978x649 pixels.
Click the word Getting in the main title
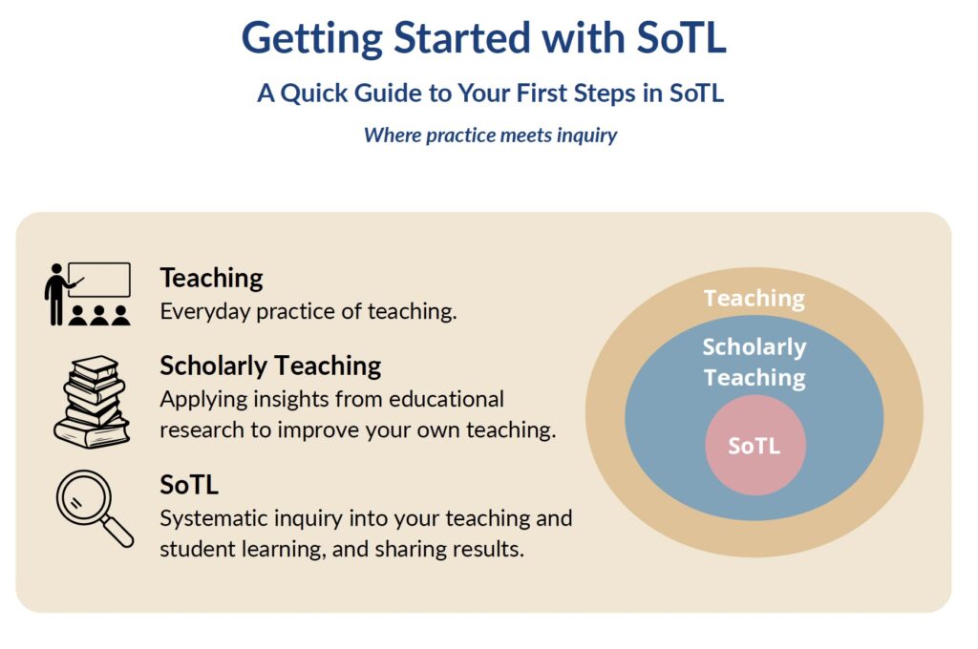pyautogui.click(x=312, y=38)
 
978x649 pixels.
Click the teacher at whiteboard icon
pyautogui.click(x=87, y=294)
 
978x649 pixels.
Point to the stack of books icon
pyautogui.click(x=92, y=402)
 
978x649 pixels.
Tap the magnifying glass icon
pyautogui.click(x=95, y=508)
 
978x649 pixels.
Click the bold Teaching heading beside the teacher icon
pyautogui.click(x=211, y=278)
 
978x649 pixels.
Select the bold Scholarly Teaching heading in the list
pyautogui.click(x=270, y=366)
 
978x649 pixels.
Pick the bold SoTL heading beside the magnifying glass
pyautogui.click(x=189, y=485)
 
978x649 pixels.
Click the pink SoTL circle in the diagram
pyautogui.click(x=755, y=445)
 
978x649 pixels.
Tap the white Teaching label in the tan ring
pyautogui.click(x=755, y=299)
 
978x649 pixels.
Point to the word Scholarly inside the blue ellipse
pyautogui.click(x=755, y=347)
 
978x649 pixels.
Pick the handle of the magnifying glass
pyautogui.click(x=117, y=532)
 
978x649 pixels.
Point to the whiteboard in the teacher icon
pyautogui.click(x=99, y=280)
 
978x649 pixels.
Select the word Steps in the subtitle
pyautogui.click(x=605, y=94)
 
